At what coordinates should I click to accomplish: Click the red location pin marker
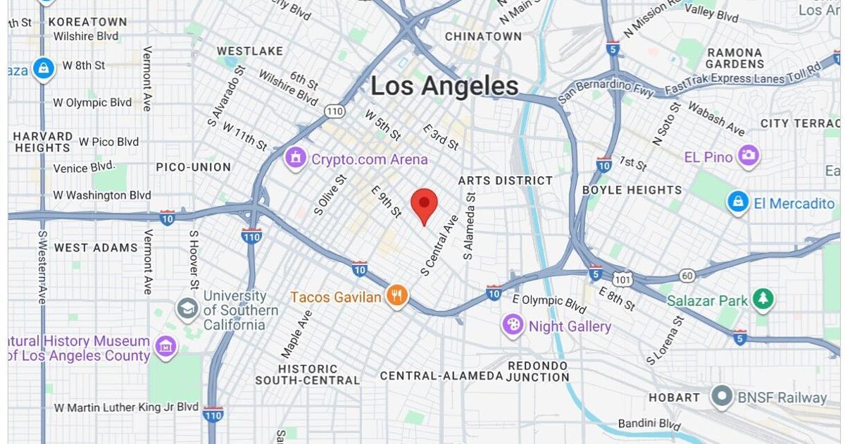[x=424, y=204]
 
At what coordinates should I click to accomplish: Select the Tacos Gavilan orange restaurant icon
[x=397, y=296]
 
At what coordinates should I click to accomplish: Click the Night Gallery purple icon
[x=513, y=326]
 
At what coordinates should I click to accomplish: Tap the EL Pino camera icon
[x=749, y=156]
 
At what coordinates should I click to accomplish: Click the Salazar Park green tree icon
[x=763, y=300]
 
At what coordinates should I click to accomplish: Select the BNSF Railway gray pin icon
[x=722, y=396]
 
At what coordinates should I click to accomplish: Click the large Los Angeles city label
[x=444, y=87]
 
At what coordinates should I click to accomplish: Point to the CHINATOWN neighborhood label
[x=483, y=36]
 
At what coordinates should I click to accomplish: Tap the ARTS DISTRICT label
[x=505, y=180]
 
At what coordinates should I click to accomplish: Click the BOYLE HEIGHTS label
[x=632, y=190]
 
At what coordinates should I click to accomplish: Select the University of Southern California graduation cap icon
[x=187, y=308]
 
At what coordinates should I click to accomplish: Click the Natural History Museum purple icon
[x=166, y=346]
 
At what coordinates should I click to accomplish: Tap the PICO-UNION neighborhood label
[x=193, y=167]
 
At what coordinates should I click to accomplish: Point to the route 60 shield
[x=688, y=275]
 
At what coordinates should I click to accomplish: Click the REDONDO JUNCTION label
[x=538, y=371]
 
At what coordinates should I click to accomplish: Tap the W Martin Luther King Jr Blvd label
[x=126, y=407]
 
